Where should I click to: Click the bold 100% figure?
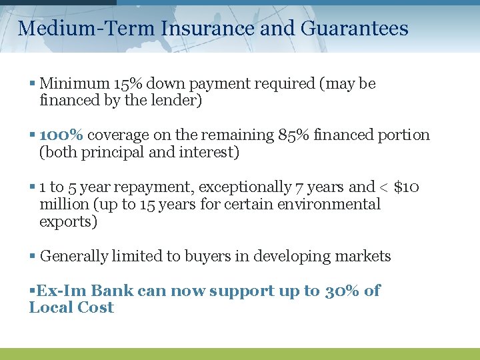point(61,135)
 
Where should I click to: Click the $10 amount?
point(407,187)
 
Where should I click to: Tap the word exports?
point(67,221)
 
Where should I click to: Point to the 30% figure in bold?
point(343,291)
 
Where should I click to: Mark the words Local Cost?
point(71,308)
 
